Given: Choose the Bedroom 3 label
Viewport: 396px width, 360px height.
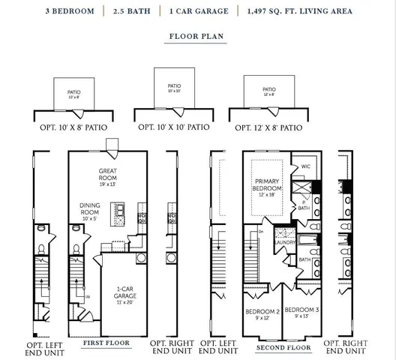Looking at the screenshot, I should [x=302, y=310].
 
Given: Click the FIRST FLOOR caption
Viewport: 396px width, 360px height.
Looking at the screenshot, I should [x=106, y=343].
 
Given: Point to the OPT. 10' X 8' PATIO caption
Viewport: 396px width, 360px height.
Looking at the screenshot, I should [x=73, y=128].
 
